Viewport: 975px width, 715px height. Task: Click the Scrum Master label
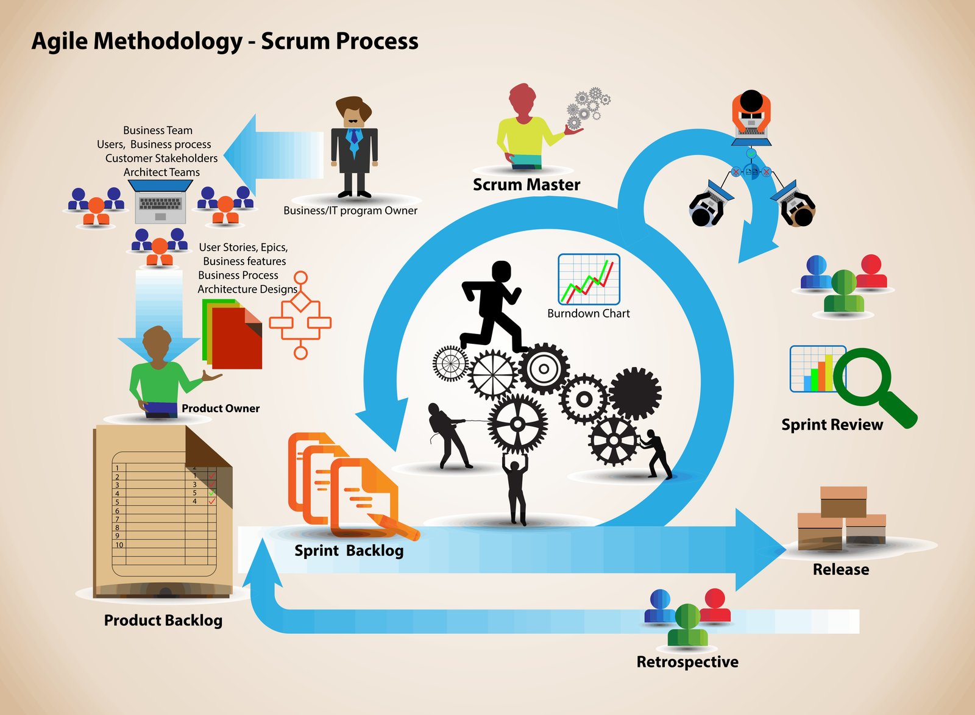pyautogui.click(x=526, y=185)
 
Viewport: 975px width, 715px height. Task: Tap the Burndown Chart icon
pyautogui.click(x=589, y=280)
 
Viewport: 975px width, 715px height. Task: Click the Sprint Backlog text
pyautogui.click(x=349, y=551)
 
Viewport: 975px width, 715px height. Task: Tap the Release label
pyautogui.click(x=840, y=569)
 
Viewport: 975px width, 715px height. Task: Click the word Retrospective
pyautogui.click(x=687, y=662)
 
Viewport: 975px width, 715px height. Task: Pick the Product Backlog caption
pyautogui.click(x=163, y=621)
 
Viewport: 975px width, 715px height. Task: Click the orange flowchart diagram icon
pyautogui.click(x=300, y=316)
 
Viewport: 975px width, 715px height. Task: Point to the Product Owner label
pyautogui.click(x=221, y=408)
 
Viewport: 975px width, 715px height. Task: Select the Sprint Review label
pyautogui.click(x=832, y=425)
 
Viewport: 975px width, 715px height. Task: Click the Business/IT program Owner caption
pyautogui.click(x=350, y=211)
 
